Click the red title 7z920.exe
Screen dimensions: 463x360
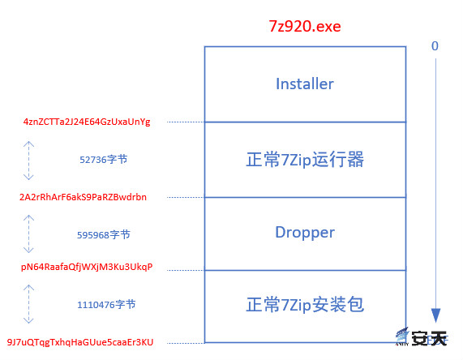tap(305, 26)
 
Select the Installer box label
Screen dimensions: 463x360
tap(305, 84)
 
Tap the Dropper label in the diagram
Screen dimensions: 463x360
tap(305, 233)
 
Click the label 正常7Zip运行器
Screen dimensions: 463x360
tap(305, 160)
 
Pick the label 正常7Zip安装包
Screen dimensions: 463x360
tap(305, 305)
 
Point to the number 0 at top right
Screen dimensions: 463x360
tap(435, 46)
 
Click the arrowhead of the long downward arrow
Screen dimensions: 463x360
tap(435, 315)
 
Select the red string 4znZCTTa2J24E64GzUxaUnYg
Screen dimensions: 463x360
tap(87, 122)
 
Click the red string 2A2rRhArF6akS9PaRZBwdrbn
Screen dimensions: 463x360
tap(83, 197)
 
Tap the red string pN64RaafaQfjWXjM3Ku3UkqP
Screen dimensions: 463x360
tap(87, 267)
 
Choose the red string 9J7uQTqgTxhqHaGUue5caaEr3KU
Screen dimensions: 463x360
tap(80, 342)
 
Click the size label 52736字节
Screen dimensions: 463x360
tap(103, 160)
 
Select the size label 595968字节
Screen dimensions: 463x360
tap(103, 235)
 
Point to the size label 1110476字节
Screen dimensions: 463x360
tap(106, 305)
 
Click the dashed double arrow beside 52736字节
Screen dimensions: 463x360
tap(28, 161)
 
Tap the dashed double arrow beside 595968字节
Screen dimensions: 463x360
tap(28, 234)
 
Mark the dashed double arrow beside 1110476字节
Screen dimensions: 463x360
tap(28, 304)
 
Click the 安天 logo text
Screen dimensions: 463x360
tap(429, 338)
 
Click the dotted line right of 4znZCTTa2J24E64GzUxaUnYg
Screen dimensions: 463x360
tap(186, 122)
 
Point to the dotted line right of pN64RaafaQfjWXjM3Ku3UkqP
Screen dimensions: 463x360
tap(186, 270)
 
